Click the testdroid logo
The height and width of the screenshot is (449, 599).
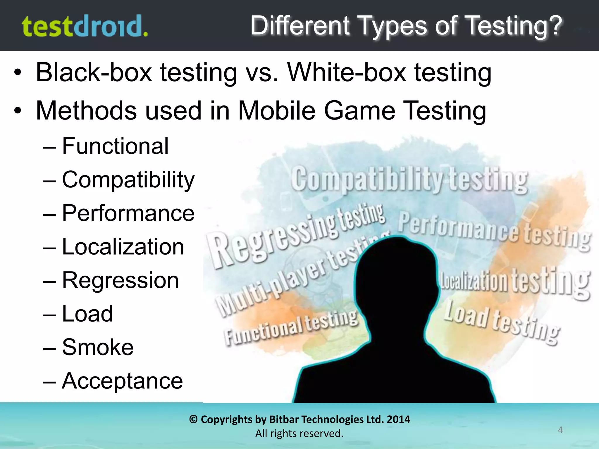pos(85,26)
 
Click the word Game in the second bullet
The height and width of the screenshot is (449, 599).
pos(359,111)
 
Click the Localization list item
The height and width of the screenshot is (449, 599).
pos(123,247)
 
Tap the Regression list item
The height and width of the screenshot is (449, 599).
pos(120,280)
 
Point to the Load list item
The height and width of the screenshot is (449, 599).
pos(87,314)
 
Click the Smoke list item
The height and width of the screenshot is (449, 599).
pos(97,347)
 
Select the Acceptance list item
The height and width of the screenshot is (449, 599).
pos(122,381)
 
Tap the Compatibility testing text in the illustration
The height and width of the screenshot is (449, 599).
pos(409,180)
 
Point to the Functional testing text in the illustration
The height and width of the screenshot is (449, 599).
pos(291,327)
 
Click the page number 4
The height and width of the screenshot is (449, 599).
pos(560,430)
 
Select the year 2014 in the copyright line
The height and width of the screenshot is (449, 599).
pos(398,419)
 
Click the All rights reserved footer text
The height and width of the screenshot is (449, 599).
pos(299,434)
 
